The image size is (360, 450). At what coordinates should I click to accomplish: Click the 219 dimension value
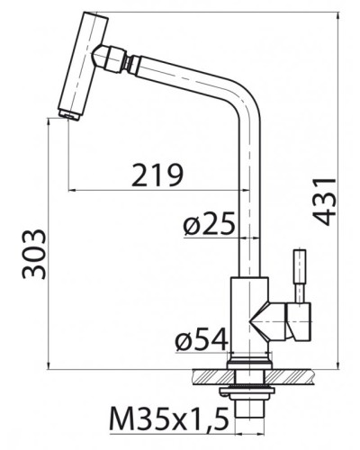(x=157, y=175)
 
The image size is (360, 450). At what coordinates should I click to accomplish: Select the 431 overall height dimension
(x=325, y=202)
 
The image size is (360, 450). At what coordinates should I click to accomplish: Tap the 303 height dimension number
(x=34, y=254)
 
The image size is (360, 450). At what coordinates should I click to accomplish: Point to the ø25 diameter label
(x=209, y=223)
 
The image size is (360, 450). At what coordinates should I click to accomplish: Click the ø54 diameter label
(x=202, y=339)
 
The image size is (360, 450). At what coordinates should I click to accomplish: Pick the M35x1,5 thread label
(x=168, y=418)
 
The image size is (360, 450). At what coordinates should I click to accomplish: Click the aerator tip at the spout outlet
(x=68, y=116)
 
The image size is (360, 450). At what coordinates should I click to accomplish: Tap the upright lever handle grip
(x=300, y=266)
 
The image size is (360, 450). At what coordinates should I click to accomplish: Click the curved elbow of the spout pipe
(x=247, y=95)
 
